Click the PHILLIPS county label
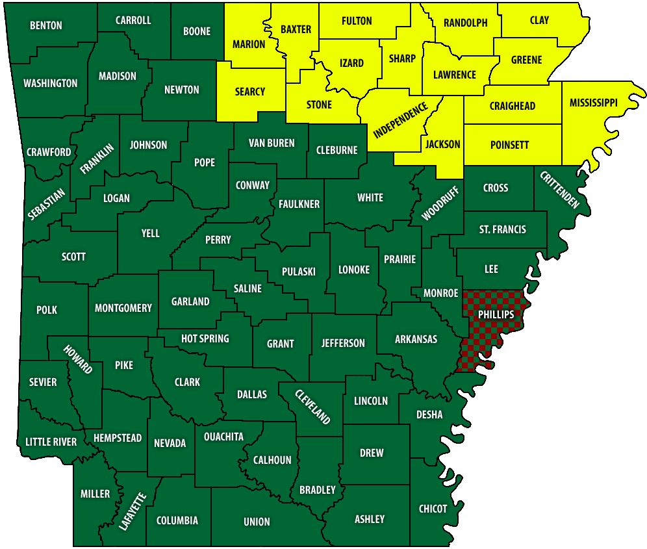coord(496,314)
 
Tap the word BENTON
coord(46,25)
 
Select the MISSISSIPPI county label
coord(593,103)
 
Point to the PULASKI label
coord(299,271)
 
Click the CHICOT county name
coord(433,508)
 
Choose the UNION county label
coord(257,521)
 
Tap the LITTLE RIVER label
coord(51,442)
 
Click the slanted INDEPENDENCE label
coord(400,121)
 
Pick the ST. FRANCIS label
coord(503,229)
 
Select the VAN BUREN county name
coord(272,143)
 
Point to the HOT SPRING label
coord(205,338)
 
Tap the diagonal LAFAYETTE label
coord(134,512)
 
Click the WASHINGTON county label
coord(50,83)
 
